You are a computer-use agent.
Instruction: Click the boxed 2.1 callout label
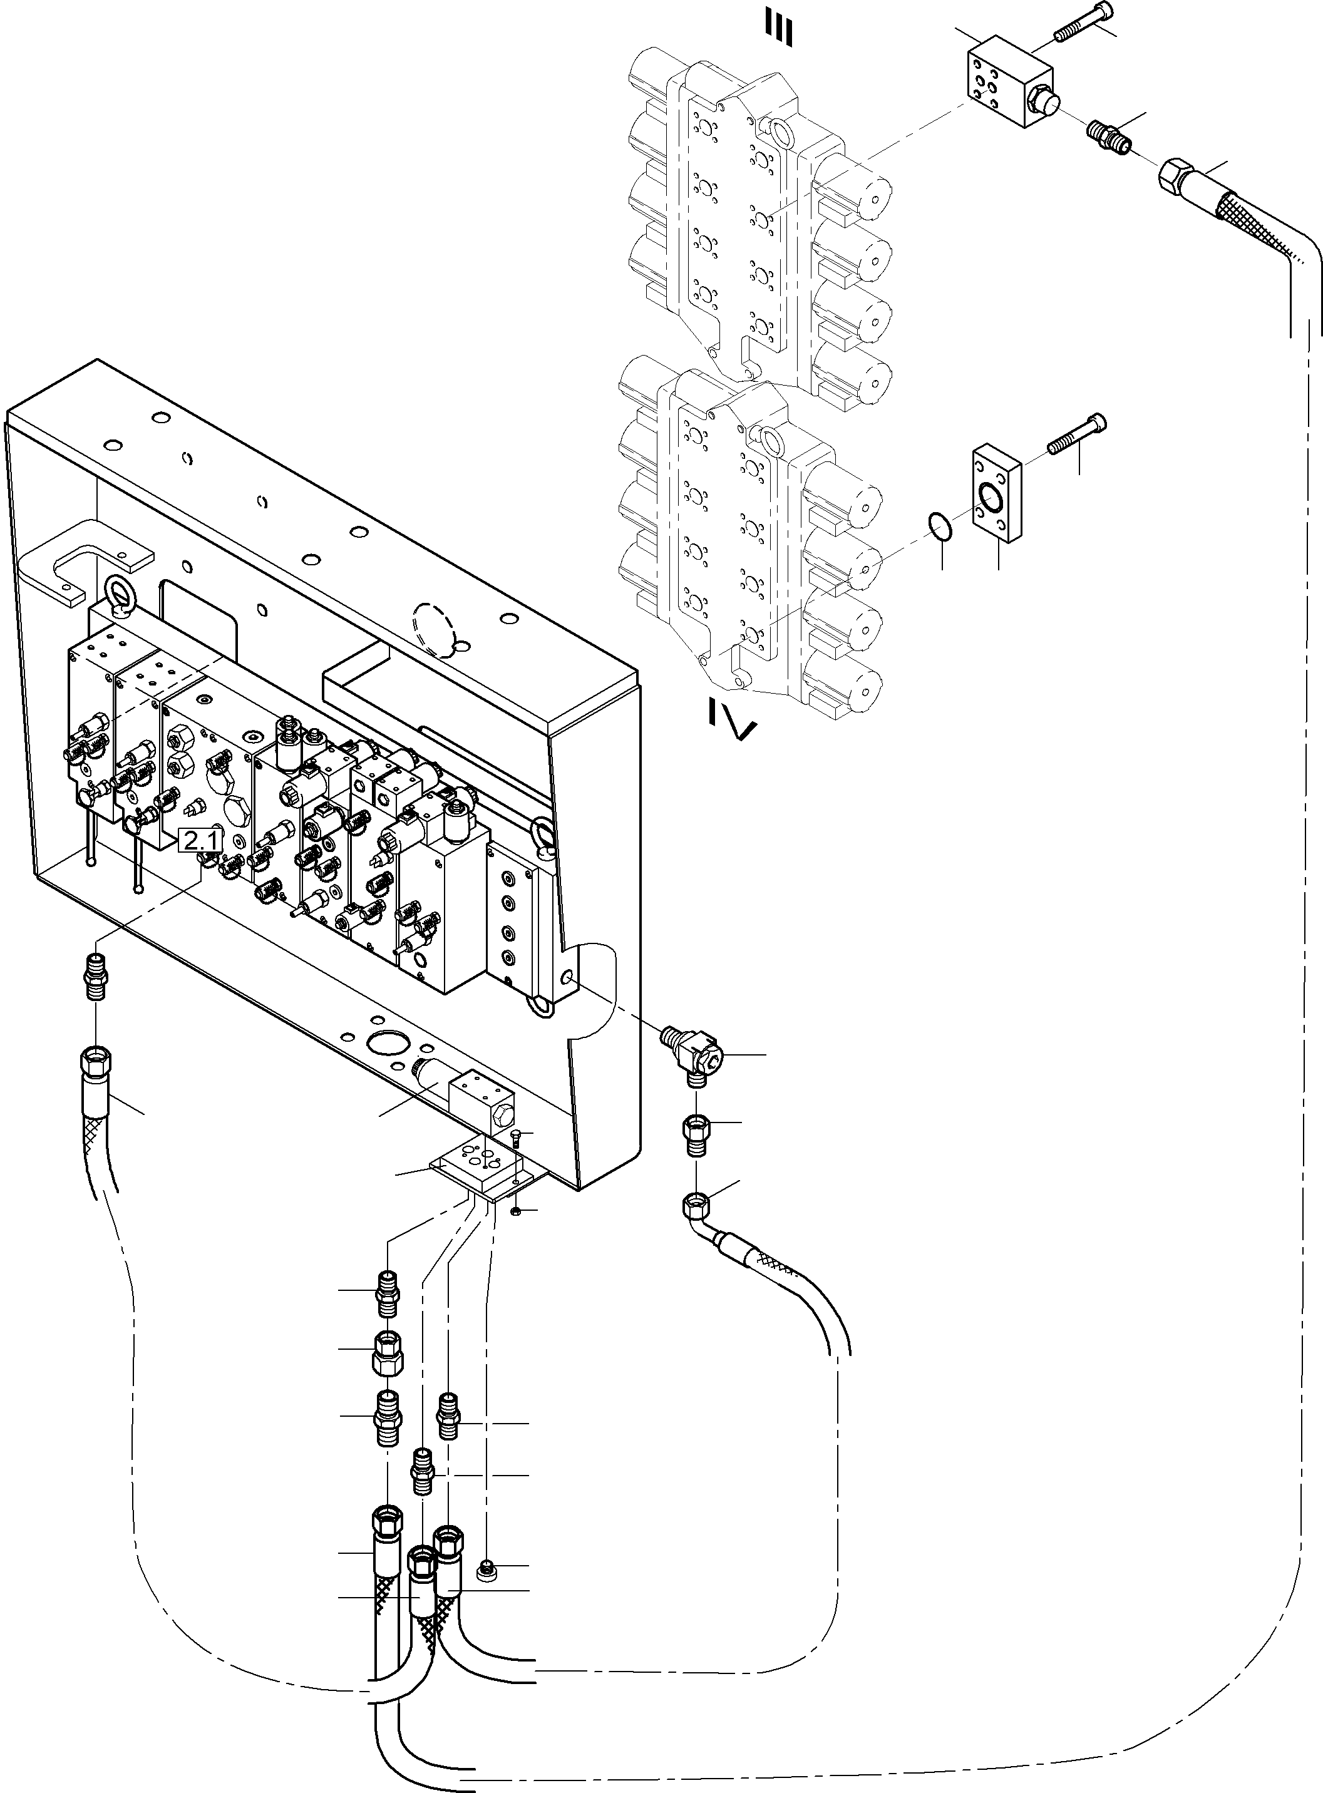click(200, 841)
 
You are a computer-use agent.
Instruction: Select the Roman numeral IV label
click(733, 717)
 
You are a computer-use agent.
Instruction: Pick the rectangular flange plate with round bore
click(996, 496)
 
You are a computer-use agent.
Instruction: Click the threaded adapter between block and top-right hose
click(1108, 136)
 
